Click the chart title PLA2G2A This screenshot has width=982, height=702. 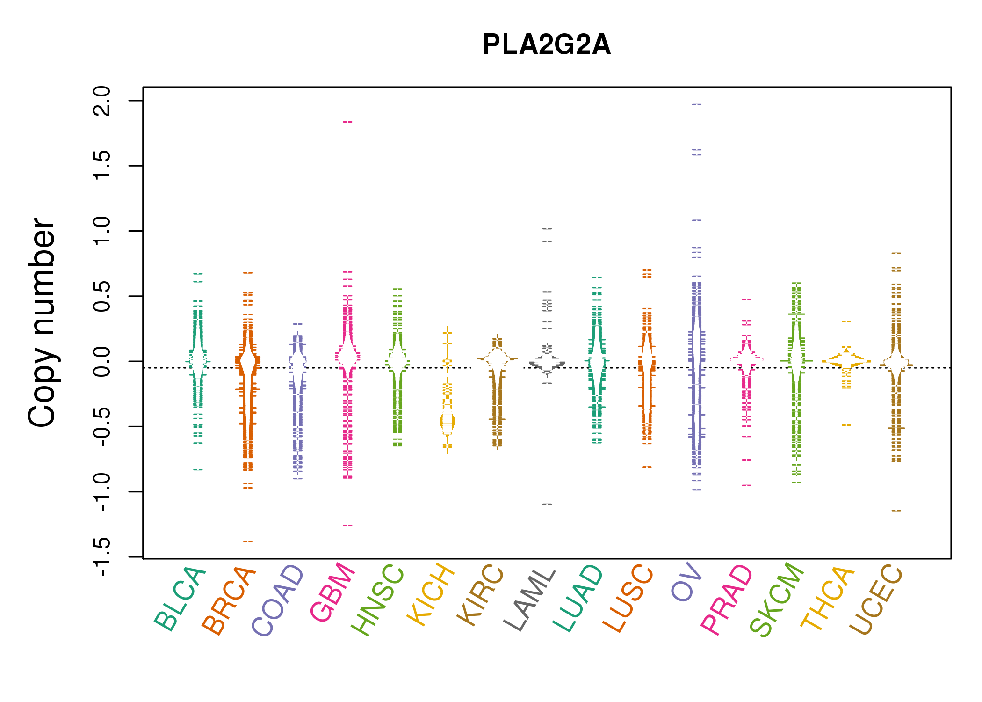(546, 45)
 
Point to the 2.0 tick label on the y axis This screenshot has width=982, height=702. (102, 101)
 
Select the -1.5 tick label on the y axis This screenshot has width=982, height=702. (102, 557)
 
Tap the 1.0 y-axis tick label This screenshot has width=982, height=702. (102, 231)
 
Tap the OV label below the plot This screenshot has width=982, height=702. (686, 582)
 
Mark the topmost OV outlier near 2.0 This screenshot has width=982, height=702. (697, 104)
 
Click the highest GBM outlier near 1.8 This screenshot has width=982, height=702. (347, 122)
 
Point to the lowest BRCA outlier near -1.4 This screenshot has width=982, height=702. (248, 541)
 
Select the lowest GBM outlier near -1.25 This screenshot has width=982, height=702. (347, 526)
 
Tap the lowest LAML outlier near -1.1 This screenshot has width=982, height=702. (547, 504)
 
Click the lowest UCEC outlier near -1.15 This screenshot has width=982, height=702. (896, 511)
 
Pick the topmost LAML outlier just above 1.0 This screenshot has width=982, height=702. (547, 229)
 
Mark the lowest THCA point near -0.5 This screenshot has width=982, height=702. (846, 425)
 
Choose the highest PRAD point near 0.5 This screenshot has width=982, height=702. (747, 299)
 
